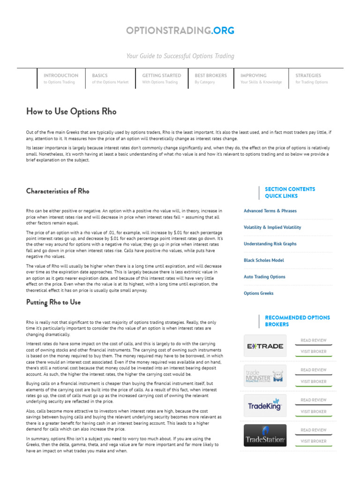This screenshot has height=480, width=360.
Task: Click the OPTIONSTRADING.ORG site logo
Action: (180, 31)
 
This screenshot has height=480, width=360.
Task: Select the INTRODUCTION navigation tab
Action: (61, 78)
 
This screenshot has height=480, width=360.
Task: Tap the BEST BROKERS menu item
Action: (210, 78)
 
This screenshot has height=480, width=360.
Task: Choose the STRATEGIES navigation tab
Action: (311, 78)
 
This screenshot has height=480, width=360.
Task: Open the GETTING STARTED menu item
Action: (161, 78)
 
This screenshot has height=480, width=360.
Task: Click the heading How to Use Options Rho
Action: (71, 112)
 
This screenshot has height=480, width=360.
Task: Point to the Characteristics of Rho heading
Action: (58, 191)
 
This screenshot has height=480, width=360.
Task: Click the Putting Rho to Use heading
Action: (53, 302)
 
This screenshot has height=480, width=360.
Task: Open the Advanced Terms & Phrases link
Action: (270, 211)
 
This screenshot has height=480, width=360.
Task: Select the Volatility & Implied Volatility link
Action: (272, 227)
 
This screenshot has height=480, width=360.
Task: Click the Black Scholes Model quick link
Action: (263, 260)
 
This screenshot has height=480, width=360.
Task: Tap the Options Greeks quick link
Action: (258, 293)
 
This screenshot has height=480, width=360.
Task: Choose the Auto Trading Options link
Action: (264, 277)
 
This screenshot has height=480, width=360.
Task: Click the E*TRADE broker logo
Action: (265, 346)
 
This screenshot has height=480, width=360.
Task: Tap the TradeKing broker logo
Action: (265, 405)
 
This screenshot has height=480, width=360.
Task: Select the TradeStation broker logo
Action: (265, 435)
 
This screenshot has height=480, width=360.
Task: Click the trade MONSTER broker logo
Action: (265, 375)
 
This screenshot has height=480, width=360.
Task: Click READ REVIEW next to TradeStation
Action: (314, 430)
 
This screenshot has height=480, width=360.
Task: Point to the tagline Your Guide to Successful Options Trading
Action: (180, 56)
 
